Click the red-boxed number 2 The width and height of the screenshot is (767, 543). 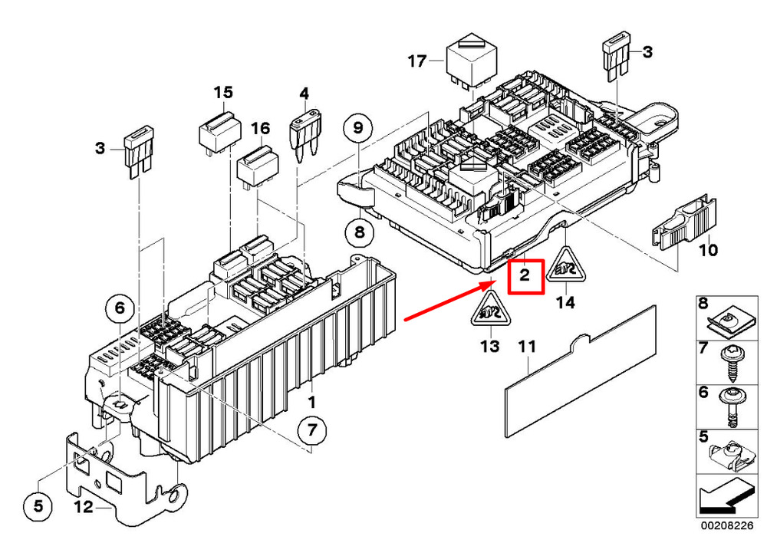525,276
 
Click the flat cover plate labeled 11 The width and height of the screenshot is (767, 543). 581,370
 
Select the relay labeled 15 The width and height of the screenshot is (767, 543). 219,132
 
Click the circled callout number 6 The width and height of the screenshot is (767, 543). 119,310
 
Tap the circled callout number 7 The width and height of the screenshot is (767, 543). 311,430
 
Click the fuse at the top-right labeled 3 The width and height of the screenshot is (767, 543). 617,58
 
